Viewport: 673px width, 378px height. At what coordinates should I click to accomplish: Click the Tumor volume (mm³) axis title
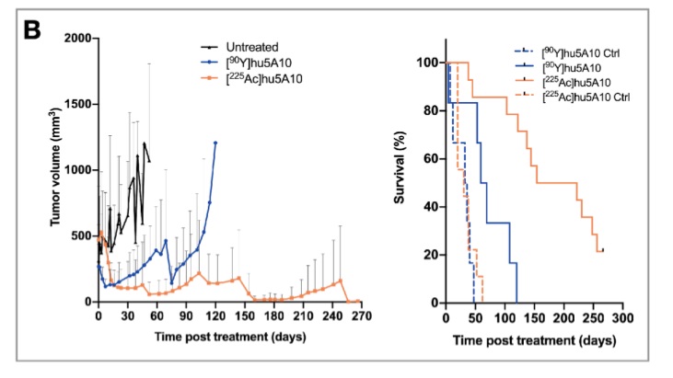[x=54, y=170]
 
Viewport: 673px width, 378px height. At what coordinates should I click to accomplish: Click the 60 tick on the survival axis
[x=432, y=158]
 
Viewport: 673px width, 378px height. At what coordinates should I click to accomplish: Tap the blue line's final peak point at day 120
[x=215, y=143]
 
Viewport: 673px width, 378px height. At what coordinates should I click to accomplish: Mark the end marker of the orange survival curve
[x=602, y=249]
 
